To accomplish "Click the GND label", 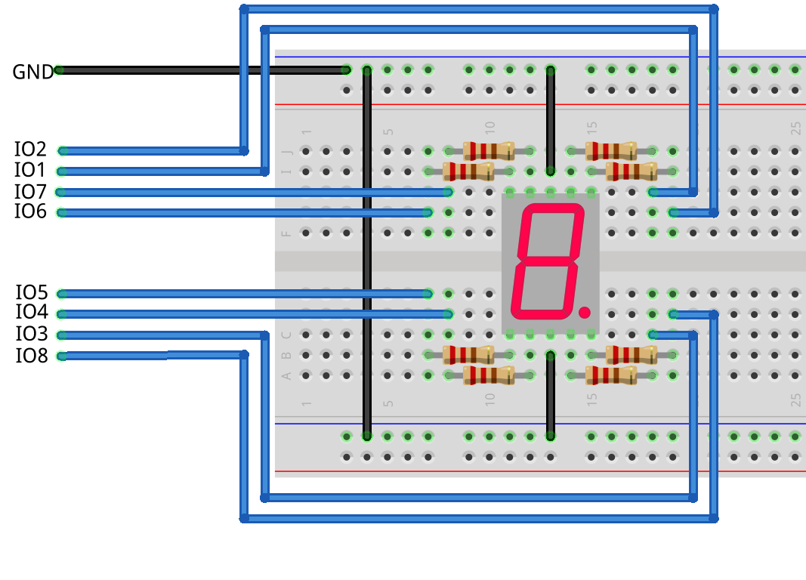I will (x=32, y=72).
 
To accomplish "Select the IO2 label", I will (x=30, y=149).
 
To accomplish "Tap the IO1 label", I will (x=30, y=170).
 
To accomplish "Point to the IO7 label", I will (x=30, y=191).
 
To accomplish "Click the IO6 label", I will (x=30, y=212).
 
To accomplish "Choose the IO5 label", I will (x=31, y=292).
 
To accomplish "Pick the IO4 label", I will (x=31, y=313).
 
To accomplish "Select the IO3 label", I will (x=31, y=334).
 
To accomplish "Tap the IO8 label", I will (x=31, y=356).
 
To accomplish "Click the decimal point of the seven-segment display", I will (x=584, y=311).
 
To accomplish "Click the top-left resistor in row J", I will (x=489, y=150).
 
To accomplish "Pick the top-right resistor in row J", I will (x=611, y=150).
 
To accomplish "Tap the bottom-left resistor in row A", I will (x=489, y=375).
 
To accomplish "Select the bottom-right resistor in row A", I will (x=611, y=375).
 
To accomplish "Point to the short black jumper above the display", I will (x=551, y=121).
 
